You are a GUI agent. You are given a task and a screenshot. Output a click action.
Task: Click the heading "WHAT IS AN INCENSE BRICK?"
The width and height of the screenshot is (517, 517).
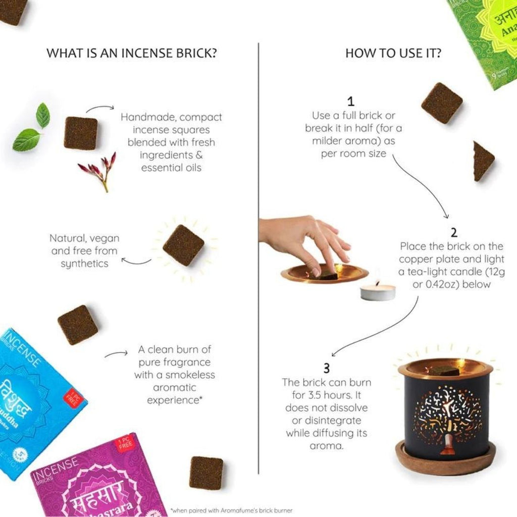[132, 53]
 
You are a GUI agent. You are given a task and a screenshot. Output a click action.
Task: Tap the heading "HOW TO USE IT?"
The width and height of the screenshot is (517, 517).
[393, 53]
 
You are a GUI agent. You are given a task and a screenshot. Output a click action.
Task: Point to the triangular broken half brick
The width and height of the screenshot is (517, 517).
[482, 161]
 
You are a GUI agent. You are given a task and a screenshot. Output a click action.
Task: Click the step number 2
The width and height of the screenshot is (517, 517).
[454, 232]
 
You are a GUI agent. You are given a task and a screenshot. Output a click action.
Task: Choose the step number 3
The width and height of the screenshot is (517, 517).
[326, 368]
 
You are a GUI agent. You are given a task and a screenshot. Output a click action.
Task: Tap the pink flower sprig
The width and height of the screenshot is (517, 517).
[98, 170]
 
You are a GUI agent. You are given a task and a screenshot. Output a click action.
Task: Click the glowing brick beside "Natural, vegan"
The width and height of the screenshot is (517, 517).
[183, 245]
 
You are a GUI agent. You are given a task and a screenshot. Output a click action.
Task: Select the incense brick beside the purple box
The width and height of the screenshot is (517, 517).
[206, 473]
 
